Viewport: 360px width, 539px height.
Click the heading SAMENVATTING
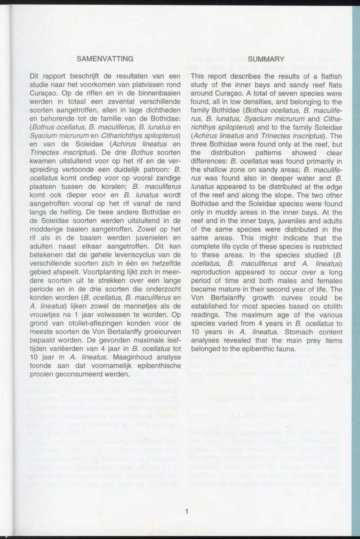coord(105,59)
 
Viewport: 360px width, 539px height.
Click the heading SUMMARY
coord(266,59)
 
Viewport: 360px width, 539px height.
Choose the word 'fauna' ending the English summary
coord(273,349)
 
